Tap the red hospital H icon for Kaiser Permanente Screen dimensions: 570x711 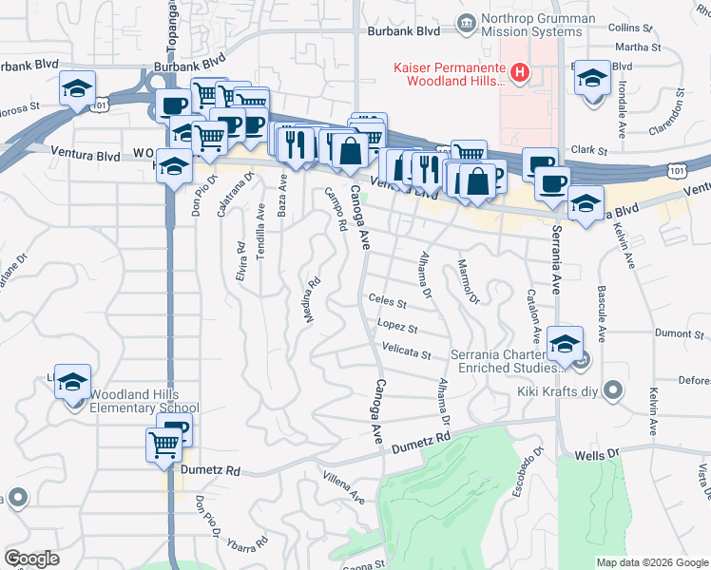point(519,71)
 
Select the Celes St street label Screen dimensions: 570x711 point(387,305)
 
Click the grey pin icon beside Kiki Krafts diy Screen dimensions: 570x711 point(613,389)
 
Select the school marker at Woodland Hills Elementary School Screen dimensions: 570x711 point(72,383)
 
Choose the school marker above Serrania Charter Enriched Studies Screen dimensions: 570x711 point(565,343)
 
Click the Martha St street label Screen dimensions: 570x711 point(637,47)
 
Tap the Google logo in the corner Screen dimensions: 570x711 point(31,559)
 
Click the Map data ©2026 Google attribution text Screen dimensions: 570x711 point(651,562)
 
